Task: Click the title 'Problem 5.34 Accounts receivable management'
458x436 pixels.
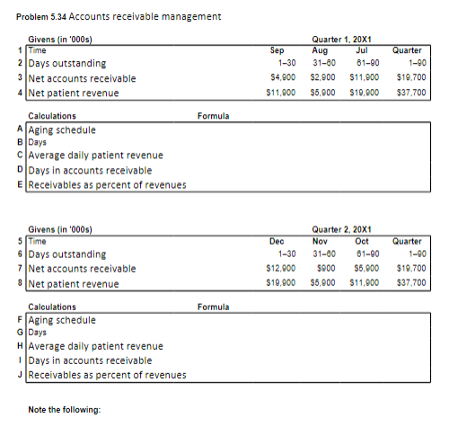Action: [119, 17]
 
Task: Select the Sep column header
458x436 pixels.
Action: [277, 51]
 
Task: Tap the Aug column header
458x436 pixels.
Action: [320, 51]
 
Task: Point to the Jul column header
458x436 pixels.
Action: [363, 51]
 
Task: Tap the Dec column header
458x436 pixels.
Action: [277, 241]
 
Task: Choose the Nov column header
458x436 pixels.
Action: [320, 241]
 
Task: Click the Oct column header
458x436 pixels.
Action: [363, 241]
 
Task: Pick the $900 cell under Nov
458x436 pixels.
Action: [320, 268]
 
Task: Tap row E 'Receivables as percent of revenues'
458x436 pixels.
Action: [107, 185]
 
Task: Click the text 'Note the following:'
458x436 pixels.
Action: [65, 410]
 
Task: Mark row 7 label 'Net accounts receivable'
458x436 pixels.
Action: [82, 269]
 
